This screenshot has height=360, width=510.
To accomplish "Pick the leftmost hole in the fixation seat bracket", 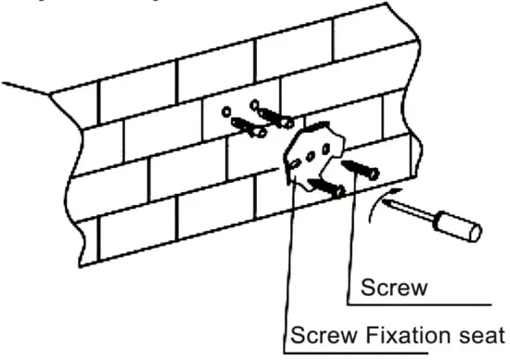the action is (x=294, y=164).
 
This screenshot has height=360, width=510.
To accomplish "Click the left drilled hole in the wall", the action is (x=227, y=111).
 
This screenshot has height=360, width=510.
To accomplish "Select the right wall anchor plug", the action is (x=275, y=117).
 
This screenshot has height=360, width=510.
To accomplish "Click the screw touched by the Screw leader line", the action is (x=360, y=167).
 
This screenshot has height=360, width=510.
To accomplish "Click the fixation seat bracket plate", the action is (x=315, y=155).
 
